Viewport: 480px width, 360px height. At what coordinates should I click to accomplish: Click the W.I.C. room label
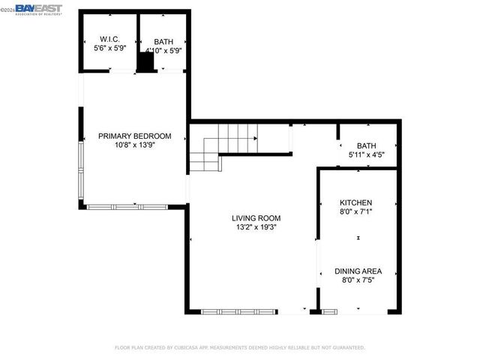click(x=109, y=40)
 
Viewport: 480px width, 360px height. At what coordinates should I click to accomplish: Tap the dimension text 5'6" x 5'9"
click(x=109, y=49)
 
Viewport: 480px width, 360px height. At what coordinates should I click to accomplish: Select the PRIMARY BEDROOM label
click(x=135, y=136)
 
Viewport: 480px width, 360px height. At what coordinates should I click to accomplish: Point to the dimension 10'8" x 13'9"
click(x=135, y=145)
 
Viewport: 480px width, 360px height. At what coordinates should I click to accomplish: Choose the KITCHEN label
click(x=355, y=203)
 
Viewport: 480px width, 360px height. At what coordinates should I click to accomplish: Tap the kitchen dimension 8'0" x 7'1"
click(x=355, y=212)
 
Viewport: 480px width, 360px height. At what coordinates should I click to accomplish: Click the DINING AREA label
click(x=358, y=271)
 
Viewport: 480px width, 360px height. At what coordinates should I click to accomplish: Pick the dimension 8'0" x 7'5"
click(x=358, y=280)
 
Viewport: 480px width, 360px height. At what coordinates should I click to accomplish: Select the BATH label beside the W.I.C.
click(x=163, y=42)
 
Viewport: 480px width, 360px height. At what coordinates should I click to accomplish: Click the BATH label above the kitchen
click(x=367, y=146)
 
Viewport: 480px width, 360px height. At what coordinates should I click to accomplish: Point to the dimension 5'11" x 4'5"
click(x=367, y=155)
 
